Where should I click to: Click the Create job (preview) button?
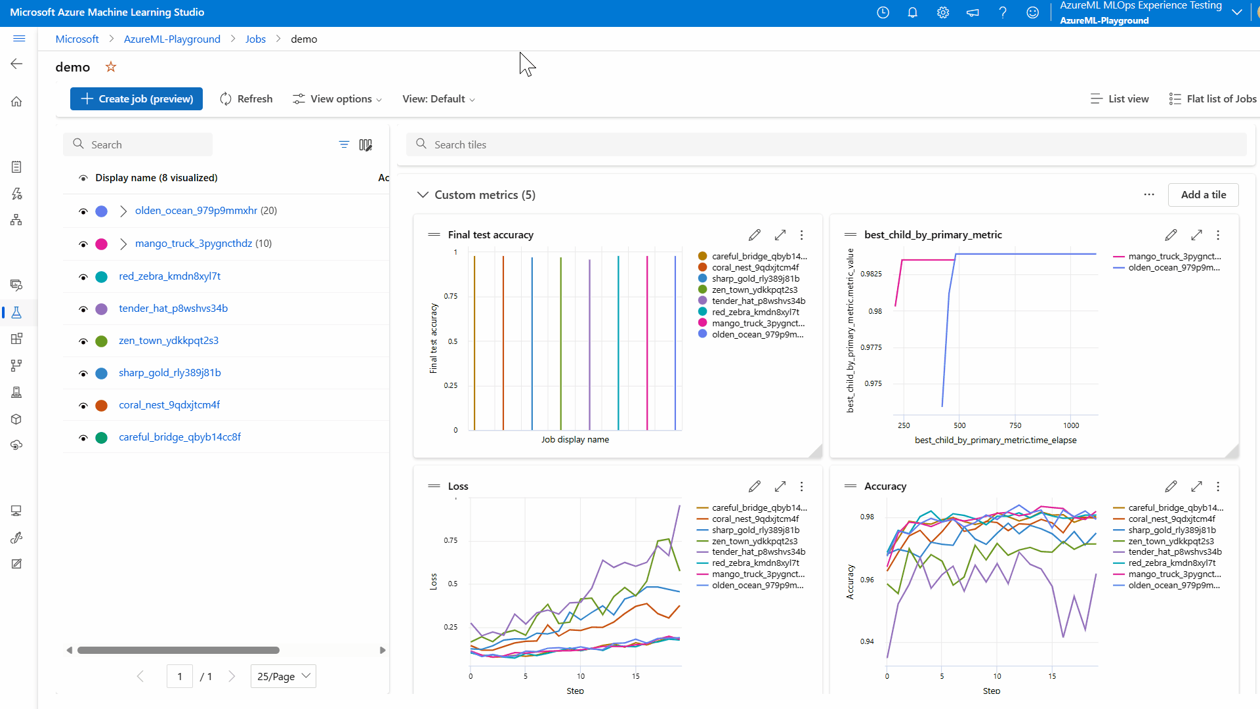tap(136, 99)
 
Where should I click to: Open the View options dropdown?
tap(337, 99)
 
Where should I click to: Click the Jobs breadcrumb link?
tap(255, 39)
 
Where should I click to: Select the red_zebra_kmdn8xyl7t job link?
tap(169, 276)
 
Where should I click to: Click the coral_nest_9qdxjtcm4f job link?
tap(169, 405)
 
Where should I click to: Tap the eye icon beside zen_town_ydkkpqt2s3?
tap(83, 341)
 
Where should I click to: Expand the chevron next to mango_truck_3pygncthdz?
tap(123, 244)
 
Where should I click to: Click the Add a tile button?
tap(1203, 195)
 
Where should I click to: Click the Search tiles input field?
tap(827, 144)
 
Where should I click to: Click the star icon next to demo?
tap(111, 67)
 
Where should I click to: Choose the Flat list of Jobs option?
tap(1213, 99)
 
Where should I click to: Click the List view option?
tap(1120, 99)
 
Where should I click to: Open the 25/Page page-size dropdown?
tap(283, 676)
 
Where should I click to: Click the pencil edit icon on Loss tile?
tap(755, 486)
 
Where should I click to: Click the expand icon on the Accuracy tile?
tap(1196, 486)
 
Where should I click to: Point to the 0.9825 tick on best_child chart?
tap(871, 274)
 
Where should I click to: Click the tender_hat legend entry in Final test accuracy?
tap(758, 301)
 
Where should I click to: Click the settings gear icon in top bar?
tap(943, 12)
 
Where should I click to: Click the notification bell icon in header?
tap(912, 12)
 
